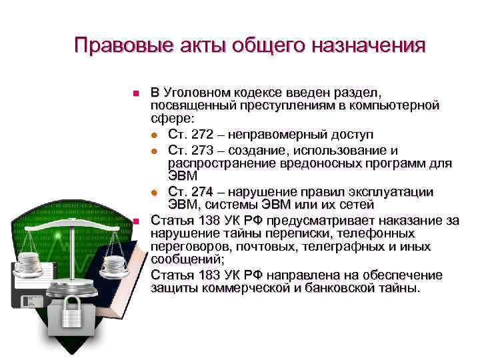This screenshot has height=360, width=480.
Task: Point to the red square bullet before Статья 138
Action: (x=135, y=221)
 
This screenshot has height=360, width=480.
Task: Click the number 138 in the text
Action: (x=203, y=220)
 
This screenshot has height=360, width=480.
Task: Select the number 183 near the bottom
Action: (x=203, y=275)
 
